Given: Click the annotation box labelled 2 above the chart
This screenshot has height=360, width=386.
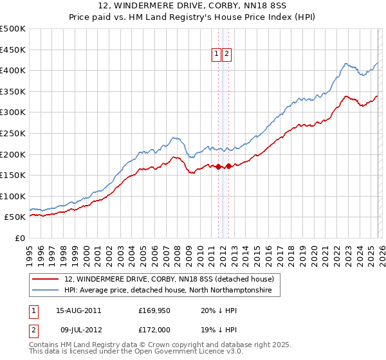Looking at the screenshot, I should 227,55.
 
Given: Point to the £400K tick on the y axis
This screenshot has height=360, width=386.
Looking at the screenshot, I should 13,71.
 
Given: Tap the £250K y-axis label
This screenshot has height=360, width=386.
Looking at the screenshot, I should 13,133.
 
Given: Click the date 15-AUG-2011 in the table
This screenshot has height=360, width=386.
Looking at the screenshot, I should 78,310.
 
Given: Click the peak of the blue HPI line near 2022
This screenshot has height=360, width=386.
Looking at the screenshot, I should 346,64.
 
